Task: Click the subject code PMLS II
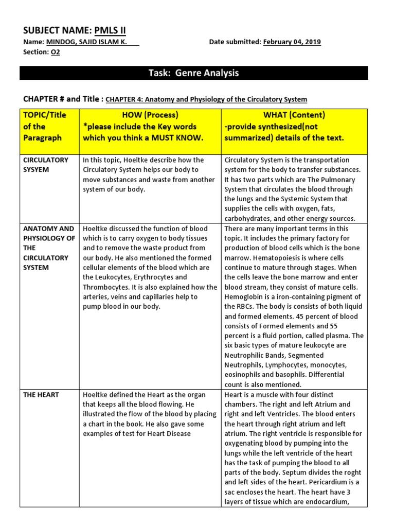pos(111,31)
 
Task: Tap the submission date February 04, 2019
pos(292,42)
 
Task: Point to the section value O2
pos(55,52)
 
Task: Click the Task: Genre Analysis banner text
pos(193,73)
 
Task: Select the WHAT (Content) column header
pos(294,115)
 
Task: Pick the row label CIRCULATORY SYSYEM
pos(46,165)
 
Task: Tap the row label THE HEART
pos(41,395)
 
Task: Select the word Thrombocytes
pos(105,287)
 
